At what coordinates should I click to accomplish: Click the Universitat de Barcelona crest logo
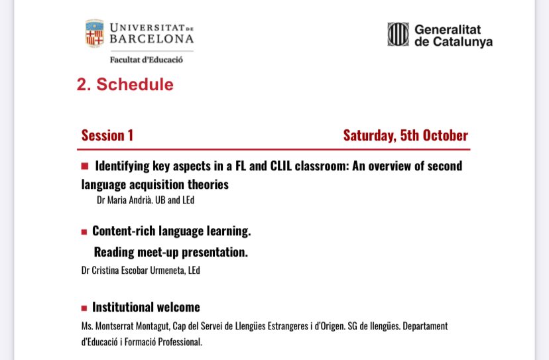point(94,34)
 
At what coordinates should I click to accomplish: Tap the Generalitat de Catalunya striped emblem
point(398,34)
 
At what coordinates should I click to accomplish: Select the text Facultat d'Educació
point(147,60)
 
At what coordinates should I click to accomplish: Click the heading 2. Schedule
point(125,85)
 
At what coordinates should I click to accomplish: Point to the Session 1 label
point(107,136)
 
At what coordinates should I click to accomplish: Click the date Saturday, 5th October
point(405,136)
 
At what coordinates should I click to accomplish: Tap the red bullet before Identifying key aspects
point(85,166)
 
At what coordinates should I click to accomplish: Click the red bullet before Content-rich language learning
point(84,232)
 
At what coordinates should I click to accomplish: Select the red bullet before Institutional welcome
point(84,308)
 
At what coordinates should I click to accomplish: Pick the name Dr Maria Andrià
point(124,199)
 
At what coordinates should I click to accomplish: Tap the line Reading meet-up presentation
point(170,252)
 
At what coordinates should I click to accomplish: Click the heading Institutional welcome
point(146,308)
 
